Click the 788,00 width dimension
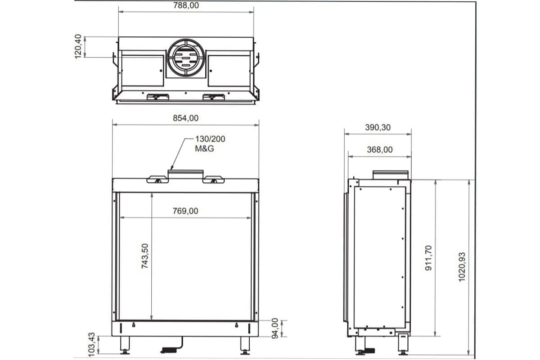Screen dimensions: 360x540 click(185, 6)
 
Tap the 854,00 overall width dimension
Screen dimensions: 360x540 click(185, 118)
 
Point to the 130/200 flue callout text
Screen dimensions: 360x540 click(210, 139)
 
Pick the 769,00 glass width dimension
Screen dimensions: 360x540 click(185, 211)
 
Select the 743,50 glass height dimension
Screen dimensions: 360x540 click(145, 256)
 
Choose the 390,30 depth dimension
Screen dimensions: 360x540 click(378, 127)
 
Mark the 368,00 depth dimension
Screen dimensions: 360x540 click(379, 150)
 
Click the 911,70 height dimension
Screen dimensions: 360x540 click(428, 257)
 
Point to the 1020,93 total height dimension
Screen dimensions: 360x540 click(462, 266)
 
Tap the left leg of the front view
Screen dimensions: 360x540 click(125, 346)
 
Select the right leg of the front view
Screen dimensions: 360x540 click(246, 346)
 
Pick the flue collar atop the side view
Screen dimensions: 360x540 click(391, 175)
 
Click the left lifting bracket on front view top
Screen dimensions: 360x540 click(157, 180)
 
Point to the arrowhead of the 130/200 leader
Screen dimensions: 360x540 click(171, 167)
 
